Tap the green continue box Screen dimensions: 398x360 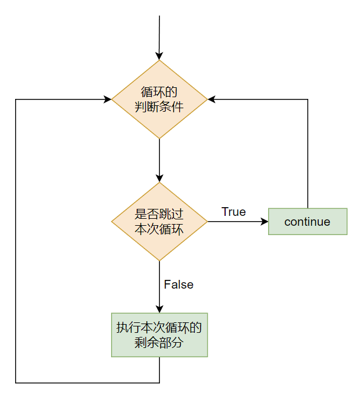click(308, 222)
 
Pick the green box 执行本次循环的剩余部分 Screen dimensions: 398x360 click(159, 335)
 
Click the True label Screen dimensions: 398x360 click(234, 212)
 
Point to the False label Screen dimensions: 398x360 click(179, 285)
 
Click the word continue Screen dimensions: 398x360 click(308, 222)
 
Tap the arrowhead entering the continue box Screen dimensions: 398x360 click(265, 222)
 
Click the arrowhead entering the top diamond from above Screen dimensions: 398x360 click(159, 56)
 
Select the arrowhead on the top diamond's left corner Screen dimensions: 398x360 click(108, 99)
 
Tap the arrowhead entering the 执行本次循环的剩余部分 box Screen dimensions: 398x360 click(159, 310)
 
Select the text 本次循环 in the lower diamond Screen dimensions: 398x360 click(159, 229)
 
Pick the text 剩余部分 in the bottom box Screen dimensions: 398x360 click(159, 343)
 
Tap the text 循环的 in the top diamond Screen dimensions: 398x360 click(159, 92)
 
